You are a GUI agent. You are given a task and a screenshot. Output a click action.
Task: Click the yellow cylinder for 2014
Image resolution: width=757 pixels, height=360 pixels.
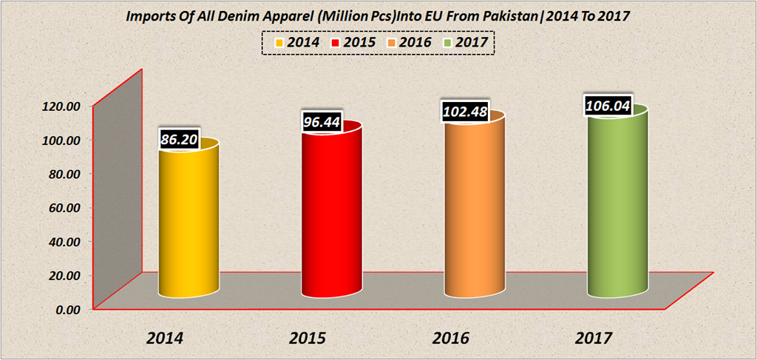189,222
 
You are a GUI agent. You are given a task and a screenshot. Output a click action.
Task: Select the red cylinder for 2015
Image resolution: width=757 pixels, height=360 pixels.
331,214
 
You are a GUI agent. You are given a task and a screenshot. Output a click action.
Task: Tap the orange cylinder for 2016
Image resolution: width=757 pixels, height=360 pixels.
475,211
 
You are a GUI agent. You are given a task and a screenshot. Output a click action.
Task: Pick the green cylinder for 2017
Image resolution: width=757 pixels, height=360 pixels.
618,207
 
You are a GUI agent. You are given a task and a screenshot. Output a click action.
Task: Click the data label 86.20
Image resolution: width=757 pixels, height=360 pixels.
180,138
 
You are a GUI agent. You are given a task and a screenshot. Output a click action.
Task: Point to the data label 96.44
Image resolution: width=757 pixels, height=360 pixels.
322,121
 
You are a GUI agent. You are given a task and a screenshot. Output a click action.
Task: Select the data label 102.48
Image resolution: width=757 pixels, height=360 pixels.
466,112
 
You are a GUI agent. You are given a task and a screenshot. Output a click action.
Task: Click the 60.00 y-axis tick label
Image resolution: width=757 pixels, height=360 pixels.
64,208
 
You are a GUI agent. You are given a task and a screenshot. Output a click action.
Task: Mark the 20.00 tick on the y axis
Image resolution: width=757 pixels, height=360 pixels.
64,276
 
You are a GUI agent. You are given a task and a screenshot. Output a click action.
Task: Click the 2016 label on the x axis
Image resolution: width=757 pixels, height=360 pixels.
451,339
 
